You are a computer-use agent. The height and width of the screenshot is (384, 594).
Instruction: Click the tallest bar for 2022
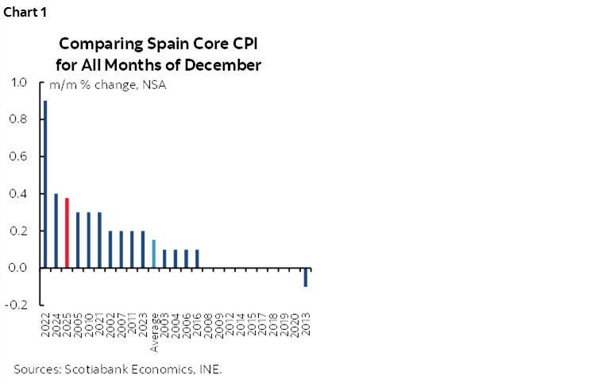[x=45, y=184]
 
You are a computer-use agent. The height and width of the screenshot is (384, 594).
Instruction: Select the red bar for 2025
[x=67, y=233]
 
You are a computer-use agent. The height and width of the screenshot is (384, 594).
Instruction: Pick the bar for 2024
[x=56, y=231]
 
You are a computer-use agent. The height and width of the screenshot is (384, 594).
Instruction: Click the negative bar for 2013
[x=305, y=277]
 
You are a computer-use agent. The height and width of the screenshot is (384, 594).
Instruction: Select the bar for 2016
[x=196, y=258]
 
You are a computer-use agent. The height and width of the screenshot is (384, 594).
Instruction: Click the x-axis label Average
[x=154, y=334]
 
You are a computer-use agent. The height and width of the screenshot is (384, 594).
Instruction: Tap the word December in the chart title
[x=226, y=64]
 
